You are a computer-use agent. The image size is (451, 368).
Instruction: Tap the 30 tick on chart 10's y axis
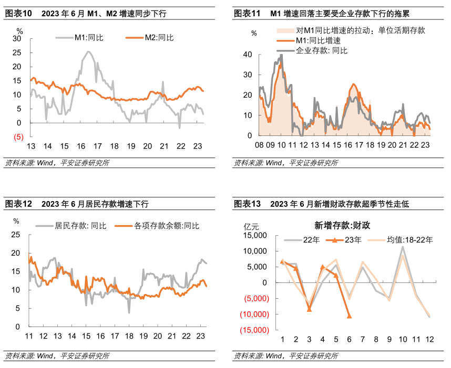[17, 39]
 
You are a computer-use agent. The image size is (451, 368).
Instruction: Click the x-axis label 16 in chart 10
[81, 146]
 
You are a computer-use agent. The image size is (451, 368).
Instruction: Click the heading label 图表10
[18, 13]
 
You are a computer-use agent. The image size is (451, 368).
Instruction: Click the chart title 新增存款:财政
[342, 226]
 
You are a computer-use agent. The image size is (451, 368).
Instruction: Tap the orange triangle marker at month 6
[350, 316]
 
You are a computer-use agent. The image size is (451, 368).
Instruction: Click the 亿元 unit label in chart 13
[252, 227]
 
